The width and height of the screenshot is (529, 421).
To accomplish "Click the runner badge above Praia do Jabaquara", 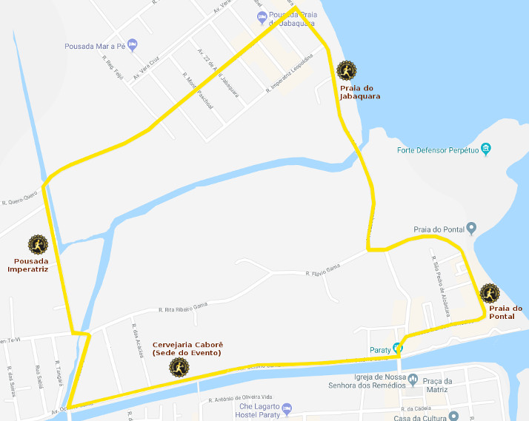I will (x=345, y=70).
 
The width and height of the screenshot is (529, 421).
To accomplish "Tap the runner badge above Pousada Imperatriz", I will (x=38, y=244).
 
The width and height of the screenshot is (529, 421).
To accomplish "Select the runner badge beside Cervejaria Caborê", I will (x=179, y=367).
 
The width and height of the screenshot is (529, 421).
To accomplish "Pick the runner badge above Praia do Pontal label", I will (x=490, y=294).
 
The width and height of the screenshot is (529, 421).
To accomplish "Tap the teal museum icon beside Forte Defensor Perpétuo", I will (x=486, y=149).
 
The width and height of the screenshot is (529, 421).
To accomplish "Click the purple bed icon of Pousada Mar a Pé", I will (x=132, y=44).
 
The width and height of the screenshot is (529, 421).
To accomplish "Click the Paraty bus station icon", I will (x=398, y=348).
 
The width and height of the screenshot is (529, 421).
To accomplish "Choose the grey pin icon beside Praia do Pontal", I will (x=471, y=227).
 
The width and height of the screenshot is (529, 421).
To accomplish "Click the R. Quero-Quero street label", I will (x=20, y=200).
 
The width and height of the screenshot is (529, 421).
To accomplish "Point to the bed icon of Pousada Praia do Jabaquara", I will (x=262, y=16).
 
